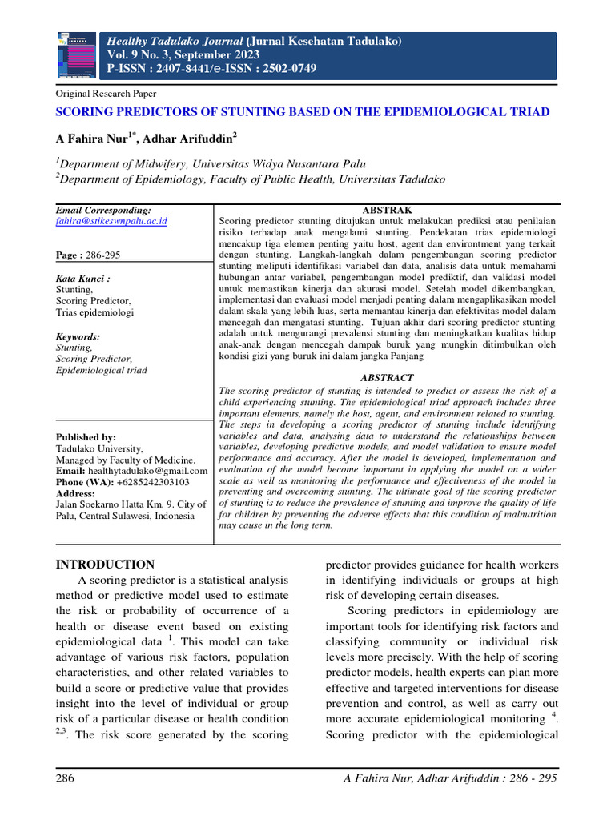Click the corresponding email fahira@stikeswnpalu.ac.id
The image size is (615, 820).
tap(111, 220)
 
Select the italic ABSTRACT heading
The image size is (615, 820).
tap(387, 377)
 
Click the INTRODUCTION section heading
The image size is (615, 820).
tap(105, 565)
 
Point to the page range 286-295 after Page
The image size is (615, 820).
tap(102, 255)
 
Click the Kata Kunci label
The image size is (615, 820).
tap(82, 278)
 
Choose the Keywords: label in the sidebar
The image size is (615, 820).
tap(78, 337)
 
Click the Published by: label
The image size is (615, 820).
tap(86, 437)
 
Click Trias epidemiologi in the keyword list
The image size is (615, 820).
tap(94, 312)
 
